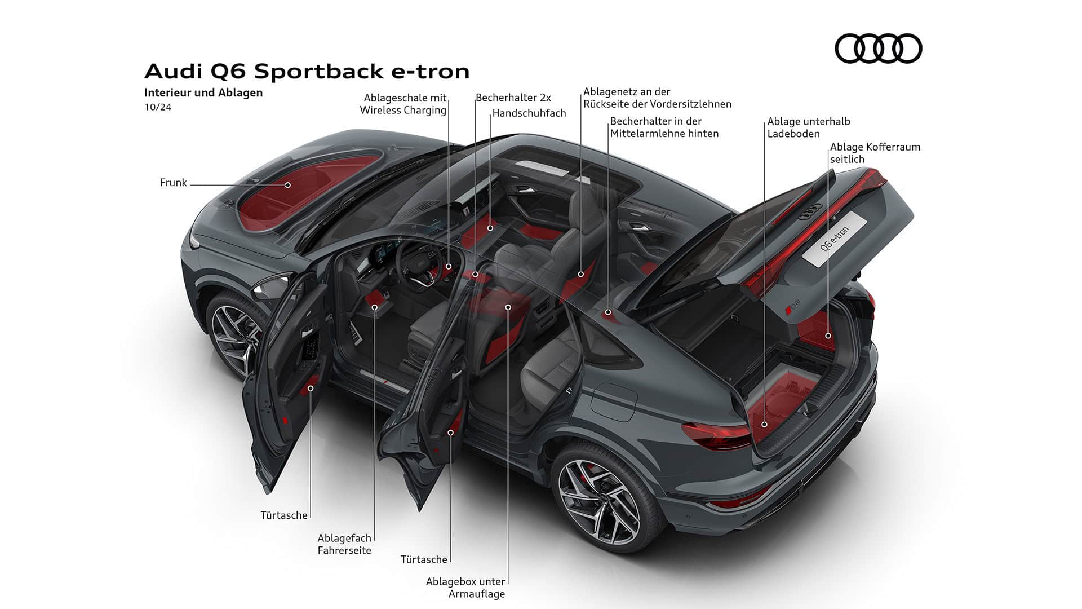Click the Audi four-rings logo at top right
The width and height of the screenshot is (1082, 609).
[878, 48]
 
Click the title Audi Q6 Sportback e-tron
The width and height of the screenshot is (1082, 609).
[307, 72]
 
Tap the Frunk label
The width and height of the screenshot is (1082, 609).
[173, 183]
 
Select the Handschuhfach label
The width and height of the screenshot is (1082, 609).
[529, 113]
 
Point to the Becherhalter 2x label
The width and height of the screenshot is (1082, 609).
[513, 98]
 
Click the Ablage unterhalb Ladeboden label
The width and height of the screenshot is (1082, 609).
[808, 127]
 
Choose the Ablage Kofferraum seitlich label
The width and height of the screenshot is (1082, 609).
[875, 153]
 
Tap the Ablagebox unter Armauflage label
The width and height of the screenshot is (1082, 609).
[465, 588]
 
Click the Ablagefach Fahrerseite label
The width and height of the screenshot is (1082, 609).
[344, 544]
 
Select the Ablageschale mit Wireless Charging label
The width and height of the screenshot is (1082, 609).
[403, 104]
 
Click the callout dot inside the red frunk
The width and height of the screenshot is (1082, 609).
[287, 185]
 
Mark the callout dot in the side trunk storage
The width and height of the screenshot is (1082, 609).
[828, 336]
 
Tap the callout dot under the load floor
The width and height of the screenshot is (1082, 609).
[765, 425]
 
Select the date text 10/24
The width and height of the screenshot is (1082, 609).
[158, 107]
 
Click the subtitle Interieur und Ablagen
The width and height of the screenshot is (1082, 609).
[203, 92]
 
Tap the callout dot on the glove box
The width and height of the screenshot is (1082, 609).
[490, 228]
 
